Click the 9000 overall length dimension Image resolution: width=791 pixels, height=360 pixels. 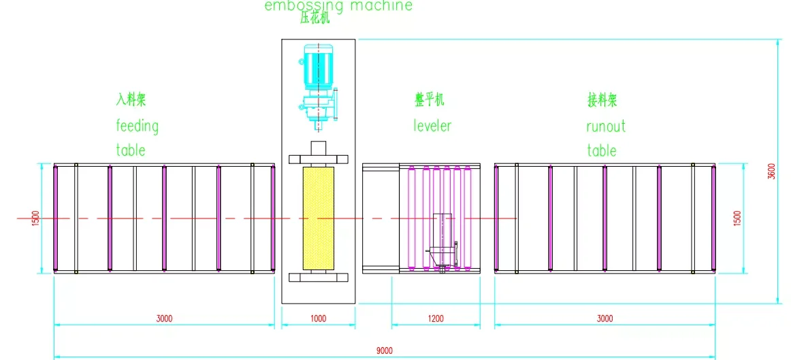[384, 350]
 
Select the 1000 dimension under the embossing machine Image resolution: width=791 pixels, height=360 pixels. [318, 318]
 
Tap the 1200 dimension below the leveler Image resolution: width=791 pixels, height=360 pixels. [436, 318]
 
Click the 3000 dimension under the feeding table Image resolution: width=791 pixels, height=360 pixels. [164, 318]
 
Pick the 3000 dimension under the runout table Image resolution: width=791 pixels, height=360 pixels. [604, 318]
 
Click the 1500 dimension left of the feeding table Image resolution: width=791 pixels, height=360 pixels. [36, 218]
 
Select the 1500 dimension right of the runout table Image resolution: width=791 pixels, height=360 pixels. [738, 218]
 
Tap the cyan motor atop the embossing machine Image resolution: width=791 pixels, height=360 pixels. [315, 68]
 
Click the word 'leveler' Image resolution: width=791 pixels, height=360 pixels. [432, 126]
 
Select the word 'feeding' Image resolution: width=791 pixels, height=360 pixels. [137, 126]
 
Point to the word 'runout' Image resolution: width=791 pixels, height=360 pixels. [605, 126]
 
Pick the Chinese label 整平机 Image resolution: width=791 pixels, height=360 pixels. [430, 101]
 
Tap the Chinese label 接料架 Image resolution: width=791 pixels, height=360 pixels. [602, 101]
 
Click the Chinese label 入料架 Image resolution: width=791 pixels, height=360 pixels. [131, 99]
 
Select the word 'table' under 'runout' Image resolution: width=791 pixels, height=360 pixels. [602, 150]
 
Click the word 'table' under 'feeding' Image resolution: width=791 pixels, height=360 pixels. [131, 150]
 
